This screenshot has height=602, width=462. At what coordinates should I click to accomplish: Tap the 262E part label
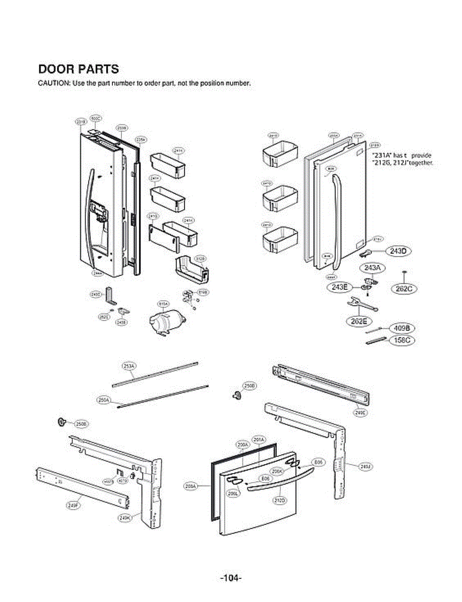point(358,321)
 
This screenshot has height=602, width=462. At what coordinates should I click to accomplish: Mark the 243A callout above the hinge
point(372,268)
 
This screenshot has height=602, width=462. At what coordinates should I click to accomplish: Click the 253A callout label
point(128,367)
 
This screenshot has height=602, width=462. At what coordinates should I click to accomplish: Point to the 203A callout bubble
point(191,486)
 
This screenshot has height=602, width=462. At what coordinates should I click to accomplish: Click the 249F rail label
point(72,506)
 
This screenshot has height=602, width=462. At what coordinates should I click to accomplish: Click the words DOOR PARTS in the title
point(79,69)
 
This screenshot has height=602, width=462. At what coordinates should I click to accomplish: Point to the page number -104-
point(231,578)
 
